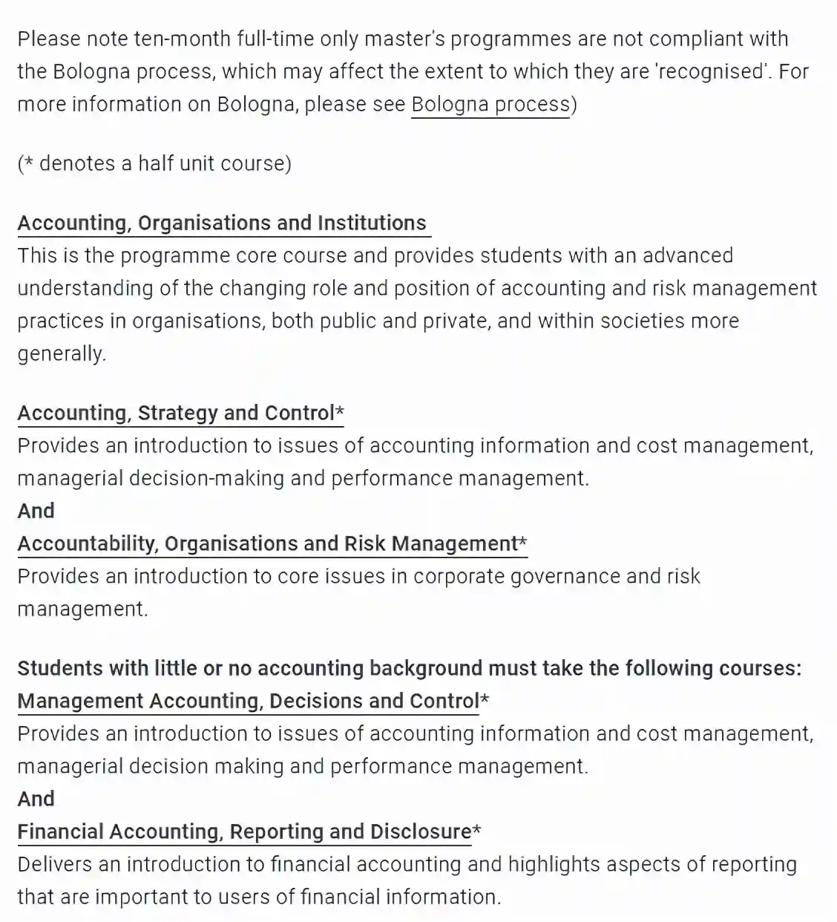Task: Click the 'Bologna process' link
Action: (490, 104)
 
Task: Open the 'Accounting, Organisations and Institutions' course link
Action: (222, 223)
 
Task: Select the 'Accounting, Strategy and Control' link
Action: (176, 413)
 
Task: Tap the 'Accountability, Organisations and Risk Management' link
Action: (267, 543)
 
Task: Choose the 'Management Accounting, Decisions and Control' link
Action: (248, 701)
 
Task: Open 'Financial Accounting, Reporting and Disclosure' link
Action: (244, 831)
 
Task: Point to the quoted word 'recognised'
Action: (712, 71)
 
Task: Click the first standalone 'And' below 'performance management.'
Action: (36, 511)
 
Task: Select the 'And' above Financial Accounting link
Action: (36, 799)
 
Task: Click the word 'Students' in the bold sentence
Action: (60, 668)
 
